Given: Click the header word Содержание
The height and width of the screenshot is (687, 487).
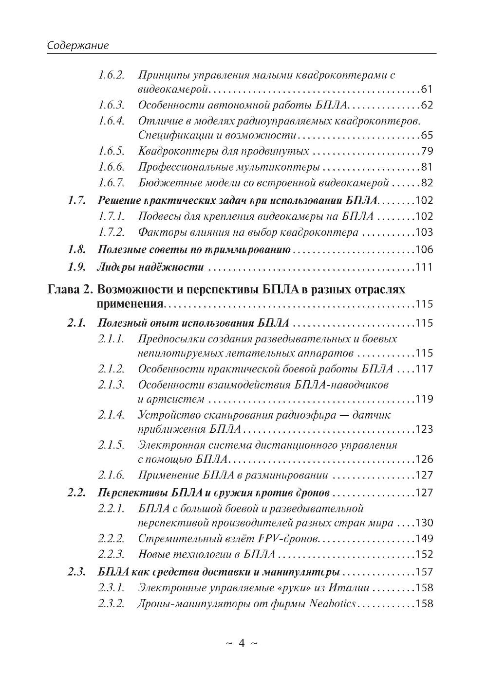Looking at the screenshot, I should (77, 46).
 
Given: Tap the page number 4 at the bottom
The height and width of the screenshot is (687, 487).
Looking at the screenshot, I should (242, 643).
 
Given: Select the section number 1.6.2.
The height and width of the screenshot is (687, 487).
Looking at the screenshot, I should (111, 75).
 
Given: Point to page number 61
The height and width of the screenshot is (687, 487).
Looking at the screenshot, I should (427, 90).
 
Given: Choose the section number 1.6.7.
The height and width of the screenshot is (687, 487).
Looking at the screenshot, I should (111, 183).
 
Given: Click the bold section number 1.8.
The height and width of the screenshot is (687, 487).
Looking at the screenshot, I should (76, 250).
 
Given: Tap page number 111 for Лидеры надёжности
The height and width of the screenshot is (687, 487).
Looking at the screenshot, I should (424, 267).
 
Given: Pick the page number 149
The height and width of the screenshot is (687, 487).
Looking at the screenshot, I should (424, 539).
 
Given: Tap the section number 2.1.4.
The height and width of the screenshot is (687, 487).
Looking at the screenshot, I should (111, 415).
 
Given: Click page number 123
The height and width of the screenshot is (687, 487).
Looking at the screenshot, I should (424, 430).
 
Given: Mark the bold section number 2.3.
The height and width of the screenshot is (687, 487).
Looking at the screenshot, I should (76, 571).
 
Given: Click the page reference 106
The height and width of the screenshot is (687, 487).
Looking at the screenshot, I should (424, 250).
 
